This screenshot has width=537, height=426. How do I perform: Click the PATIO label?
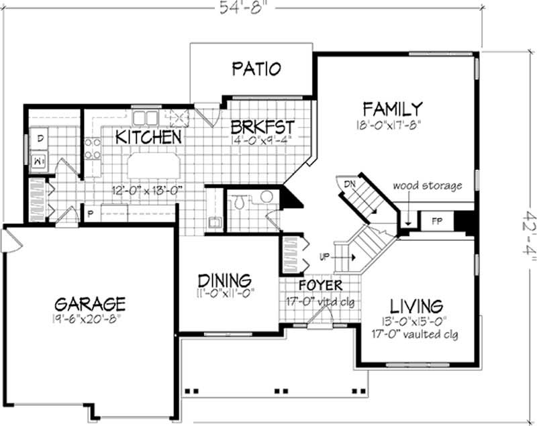coord(256,68)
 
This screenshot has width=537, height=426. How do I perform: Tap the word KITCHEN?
coord(148,137)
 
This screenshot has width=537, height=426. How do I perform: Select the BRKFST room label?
coord(262,127)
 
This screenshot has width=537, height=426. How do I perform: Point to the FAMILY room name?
coord(392,108)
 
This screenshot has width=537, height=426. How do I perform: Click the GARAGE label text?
coord(89,303)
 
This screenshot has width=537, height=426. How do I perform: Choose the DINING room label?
coord(224,280)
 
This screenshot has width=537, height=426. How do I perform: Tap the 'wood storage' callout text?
coord(427,185)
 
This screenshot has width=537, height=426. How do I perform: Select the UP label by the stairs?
coord(324,257)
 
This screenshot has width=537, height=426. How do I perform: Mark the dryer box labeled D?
coord(40,138)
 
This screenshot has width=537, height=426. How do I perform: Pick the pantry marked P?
coord(89,213)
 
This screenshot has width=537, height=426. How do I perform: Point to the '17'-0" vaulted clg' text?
coord(414,333)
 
